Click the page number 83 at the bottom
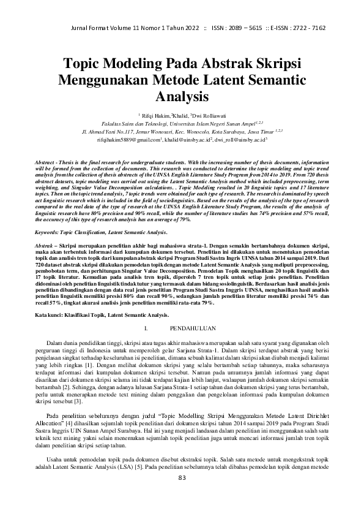pyautogui.click(x=182, y=495)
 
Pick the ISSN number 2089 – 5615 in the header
pyautogui.click(x=236, y=29)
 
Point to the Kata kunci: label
pyautogui.click(x=51, y=314)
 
